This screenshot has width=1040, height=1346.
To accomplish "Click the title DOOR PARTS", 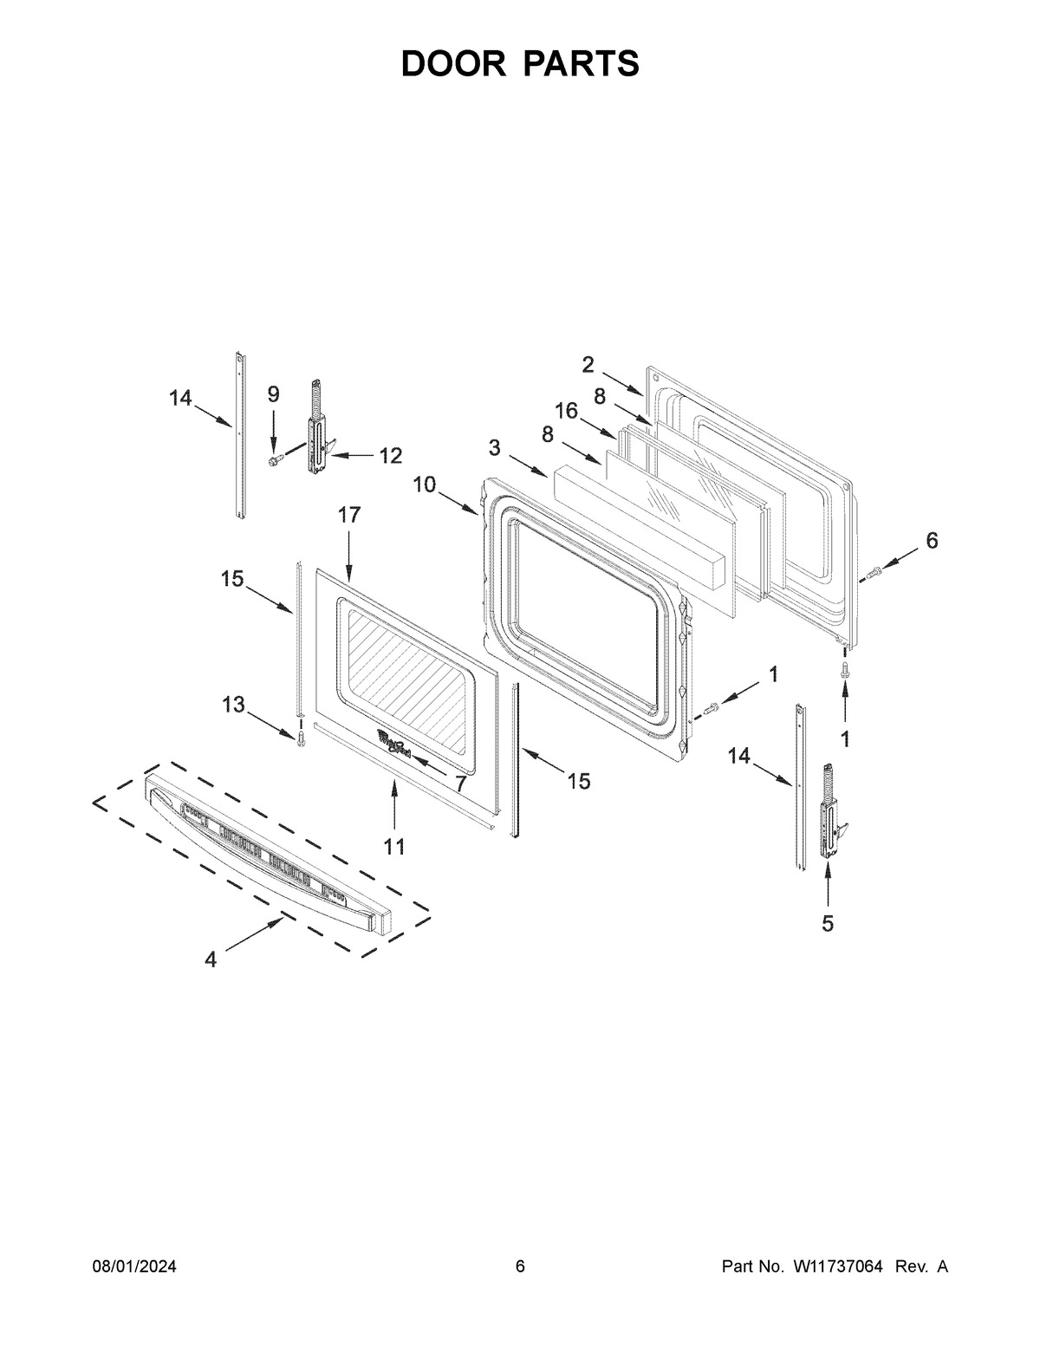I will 520,64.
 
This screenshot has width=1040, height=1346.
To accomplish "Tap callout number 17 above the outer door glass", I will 348,515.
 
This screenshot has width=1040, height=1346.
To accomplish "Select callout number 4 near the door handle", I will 211,960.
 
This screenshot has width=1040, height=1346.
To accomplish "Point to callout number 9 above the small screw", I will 273,394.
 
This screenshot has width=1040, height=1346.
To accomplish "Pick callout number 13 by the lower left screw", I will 232,705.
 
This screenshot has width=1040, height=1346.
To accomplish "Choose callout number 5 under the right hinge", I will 827,924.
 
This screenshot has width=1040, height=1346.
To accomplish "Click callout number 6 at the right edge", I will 931,540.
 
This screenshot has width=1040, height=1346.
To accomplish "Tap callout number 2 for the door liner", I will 588,364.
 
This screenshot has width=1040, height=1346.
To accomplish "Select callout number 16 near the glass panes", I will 566,411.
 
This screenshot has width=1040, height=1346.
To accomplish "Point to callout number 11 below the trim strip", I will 394,847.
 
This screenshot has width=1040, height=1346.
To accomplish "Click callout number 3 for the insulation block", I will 494,447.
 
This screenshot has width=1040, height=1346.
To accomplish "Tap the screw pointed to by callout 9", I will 274,458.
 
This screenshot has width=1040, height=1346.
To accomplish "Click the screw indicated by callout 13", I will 301,737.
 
